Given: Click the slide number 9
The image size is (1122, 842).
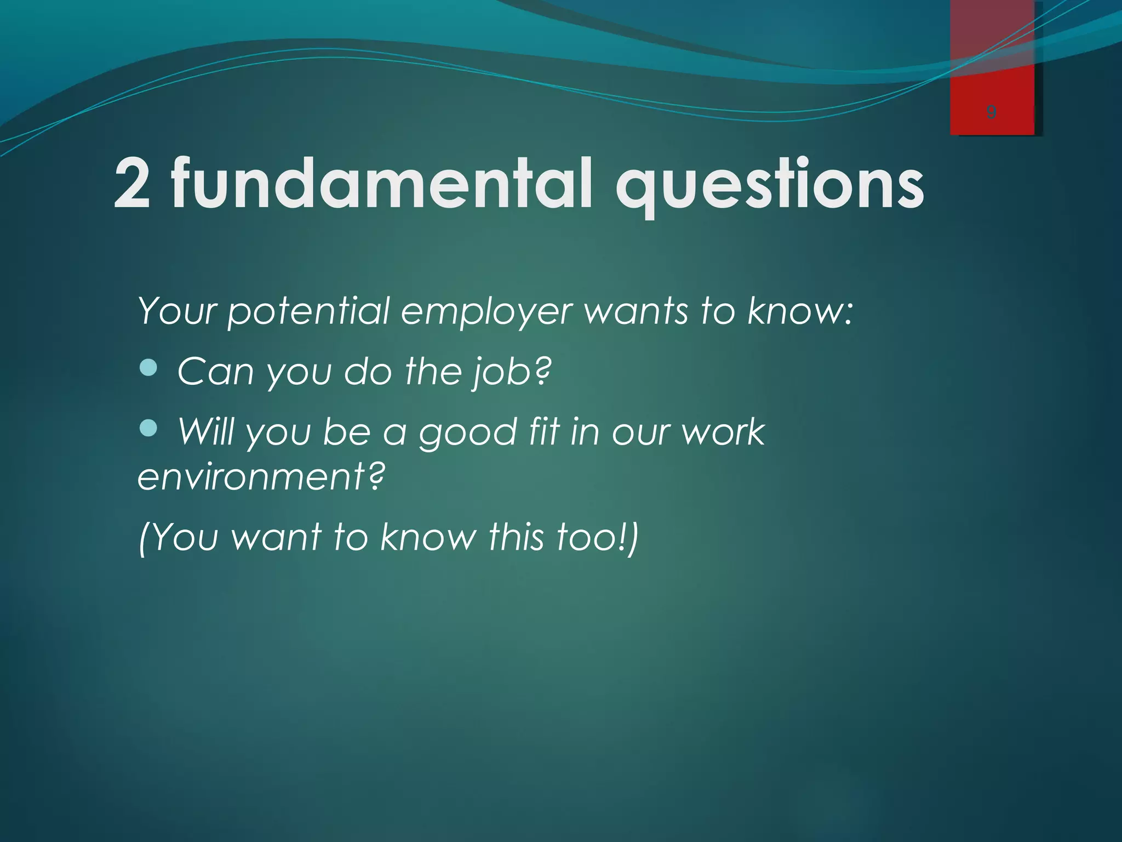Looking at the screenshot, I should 991,112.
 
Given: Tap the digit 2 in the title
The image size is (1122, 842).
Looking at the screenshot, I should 131,184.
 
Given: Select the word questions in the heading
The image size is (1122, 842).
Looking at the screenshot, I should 770,186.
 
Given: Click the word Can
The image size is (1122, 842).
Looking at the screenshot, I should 215,372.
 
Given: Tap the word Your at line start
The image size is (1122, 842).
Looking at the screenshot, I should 178,311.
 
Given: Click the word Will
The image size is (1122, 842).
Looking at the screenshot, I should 207,431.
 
